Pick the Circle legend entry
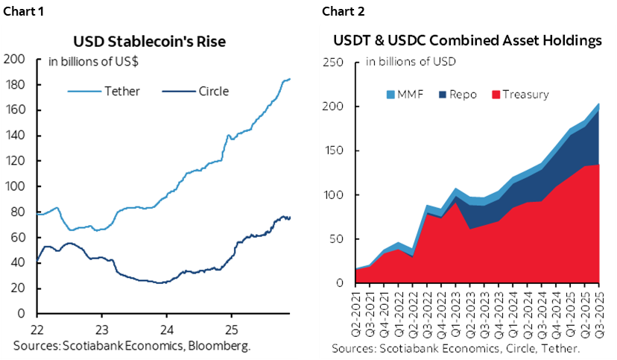click(x=213, y=92)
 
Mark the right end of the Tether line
click(x=290, y=78)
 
